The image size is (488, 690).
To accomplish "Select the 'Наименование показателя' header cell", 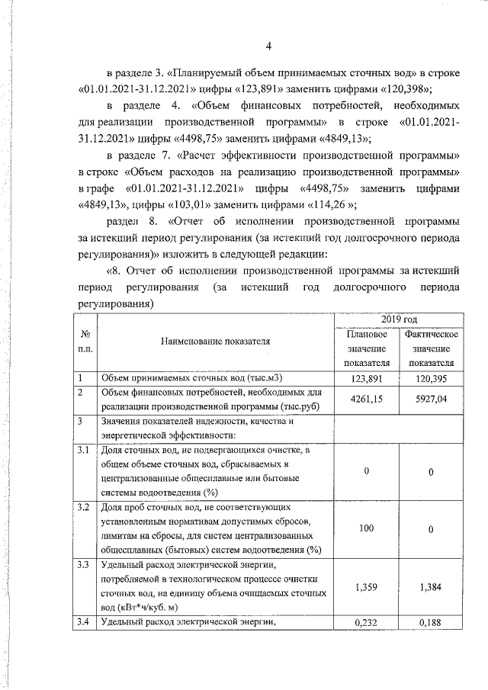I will (215, 342).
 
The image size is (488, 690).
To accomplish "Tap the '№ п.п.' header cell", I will (82, 342).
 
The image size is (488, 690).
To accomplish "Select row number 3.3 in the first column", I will (83, 565).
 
